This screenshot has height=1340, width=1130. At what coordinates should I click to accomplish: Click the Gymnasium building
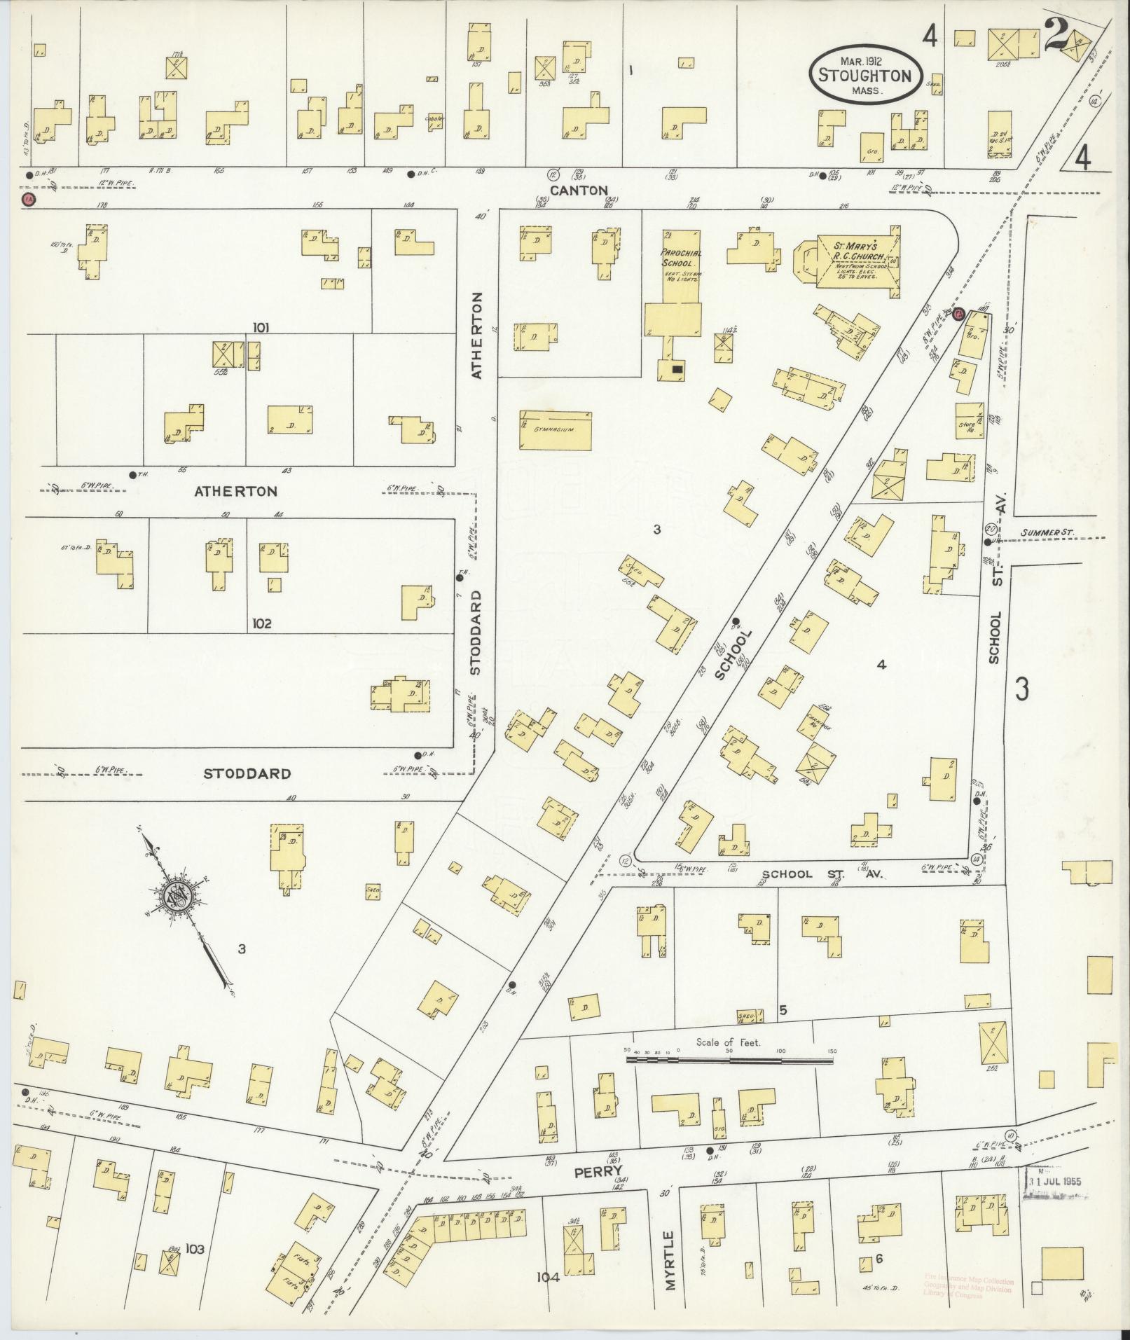pos(556,430)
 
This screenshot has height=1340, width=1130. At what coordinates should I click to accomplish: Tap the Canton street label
pos(578,191)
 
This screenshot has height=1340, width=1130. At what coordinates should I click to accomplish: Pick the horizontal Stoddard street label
pos(247,774)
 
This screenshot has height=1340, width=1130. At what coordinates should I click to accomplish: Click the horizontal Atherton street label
pos(235,492)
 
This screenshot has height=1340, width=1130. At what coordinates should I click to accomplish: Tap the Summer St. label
pos(1047,533)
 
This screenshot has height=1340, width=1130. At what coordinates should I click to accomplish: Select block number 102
pos(261,623)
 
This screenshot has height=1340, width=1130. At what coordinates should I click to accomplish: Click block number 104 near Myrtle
pos(548,1277)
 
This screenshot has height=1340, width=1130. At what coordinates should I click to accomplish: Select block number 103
pos(195,1249)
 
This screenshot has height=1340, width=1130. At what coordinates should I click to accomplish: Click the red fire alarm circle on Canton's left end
pos(29,200)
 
